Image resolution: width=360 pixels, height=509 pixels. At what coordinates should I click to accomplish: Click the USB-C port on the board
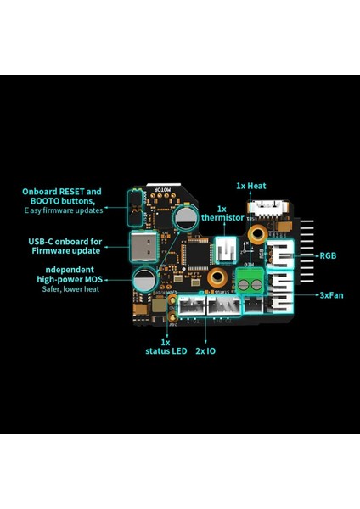144,249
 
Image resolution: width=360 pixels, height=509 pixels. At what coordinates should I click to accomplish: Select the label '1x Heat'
251,184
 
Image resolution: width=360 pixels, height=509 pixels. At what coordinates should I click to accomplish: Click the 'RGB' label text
328,255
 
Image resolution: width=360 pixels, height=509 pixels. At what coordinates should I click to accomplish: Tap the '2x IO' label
205,350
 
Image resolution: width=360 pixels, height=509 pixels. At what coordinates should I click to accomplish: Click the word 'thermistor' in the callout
222,218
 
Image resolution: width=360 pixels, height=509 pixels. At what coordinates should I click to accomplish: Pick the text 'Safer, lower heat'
70,289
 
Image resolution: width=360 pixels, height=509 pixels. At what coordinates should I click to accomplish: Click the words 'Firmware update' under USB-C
66,250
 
